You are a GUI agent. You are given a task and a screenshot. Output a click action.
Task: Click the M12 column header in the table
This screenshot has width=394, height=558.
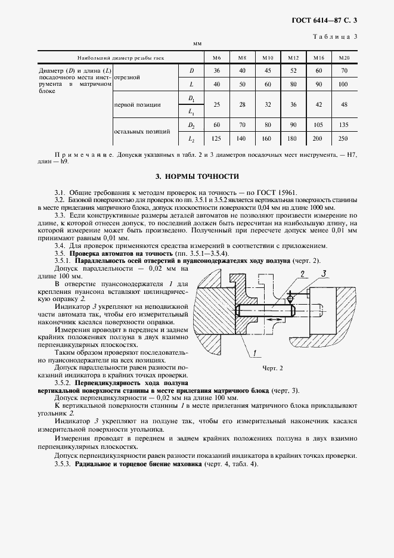[x=293, y=58]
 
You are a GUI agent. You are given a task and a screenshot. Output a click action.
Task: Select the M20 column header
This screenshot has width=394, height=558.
[x=343, y=58]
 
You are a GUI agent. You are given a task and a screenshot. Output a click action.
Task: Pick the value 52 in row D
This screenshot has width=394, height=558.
[x=293, y=71]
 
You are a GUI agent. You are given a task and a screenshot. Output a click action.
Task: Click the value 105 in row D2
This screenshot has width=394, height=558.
[x=318, y=125]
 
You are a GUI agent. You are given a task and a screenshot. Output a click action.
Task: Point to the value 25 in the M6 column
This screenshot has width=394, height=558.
[x=217, y=104]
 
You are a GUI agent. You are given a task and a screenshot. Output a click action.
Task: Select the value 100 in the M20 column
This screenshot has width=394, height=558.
[x=343, y=85]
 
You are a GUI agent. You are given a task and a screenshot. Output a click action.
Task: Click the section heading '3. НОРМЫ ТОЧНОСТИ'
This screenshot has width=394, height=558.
[x=197, y=176]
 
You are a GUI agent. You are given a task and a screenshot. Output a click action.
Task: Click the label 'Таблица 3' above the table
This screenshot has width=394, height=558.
[x=339, y=37]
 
